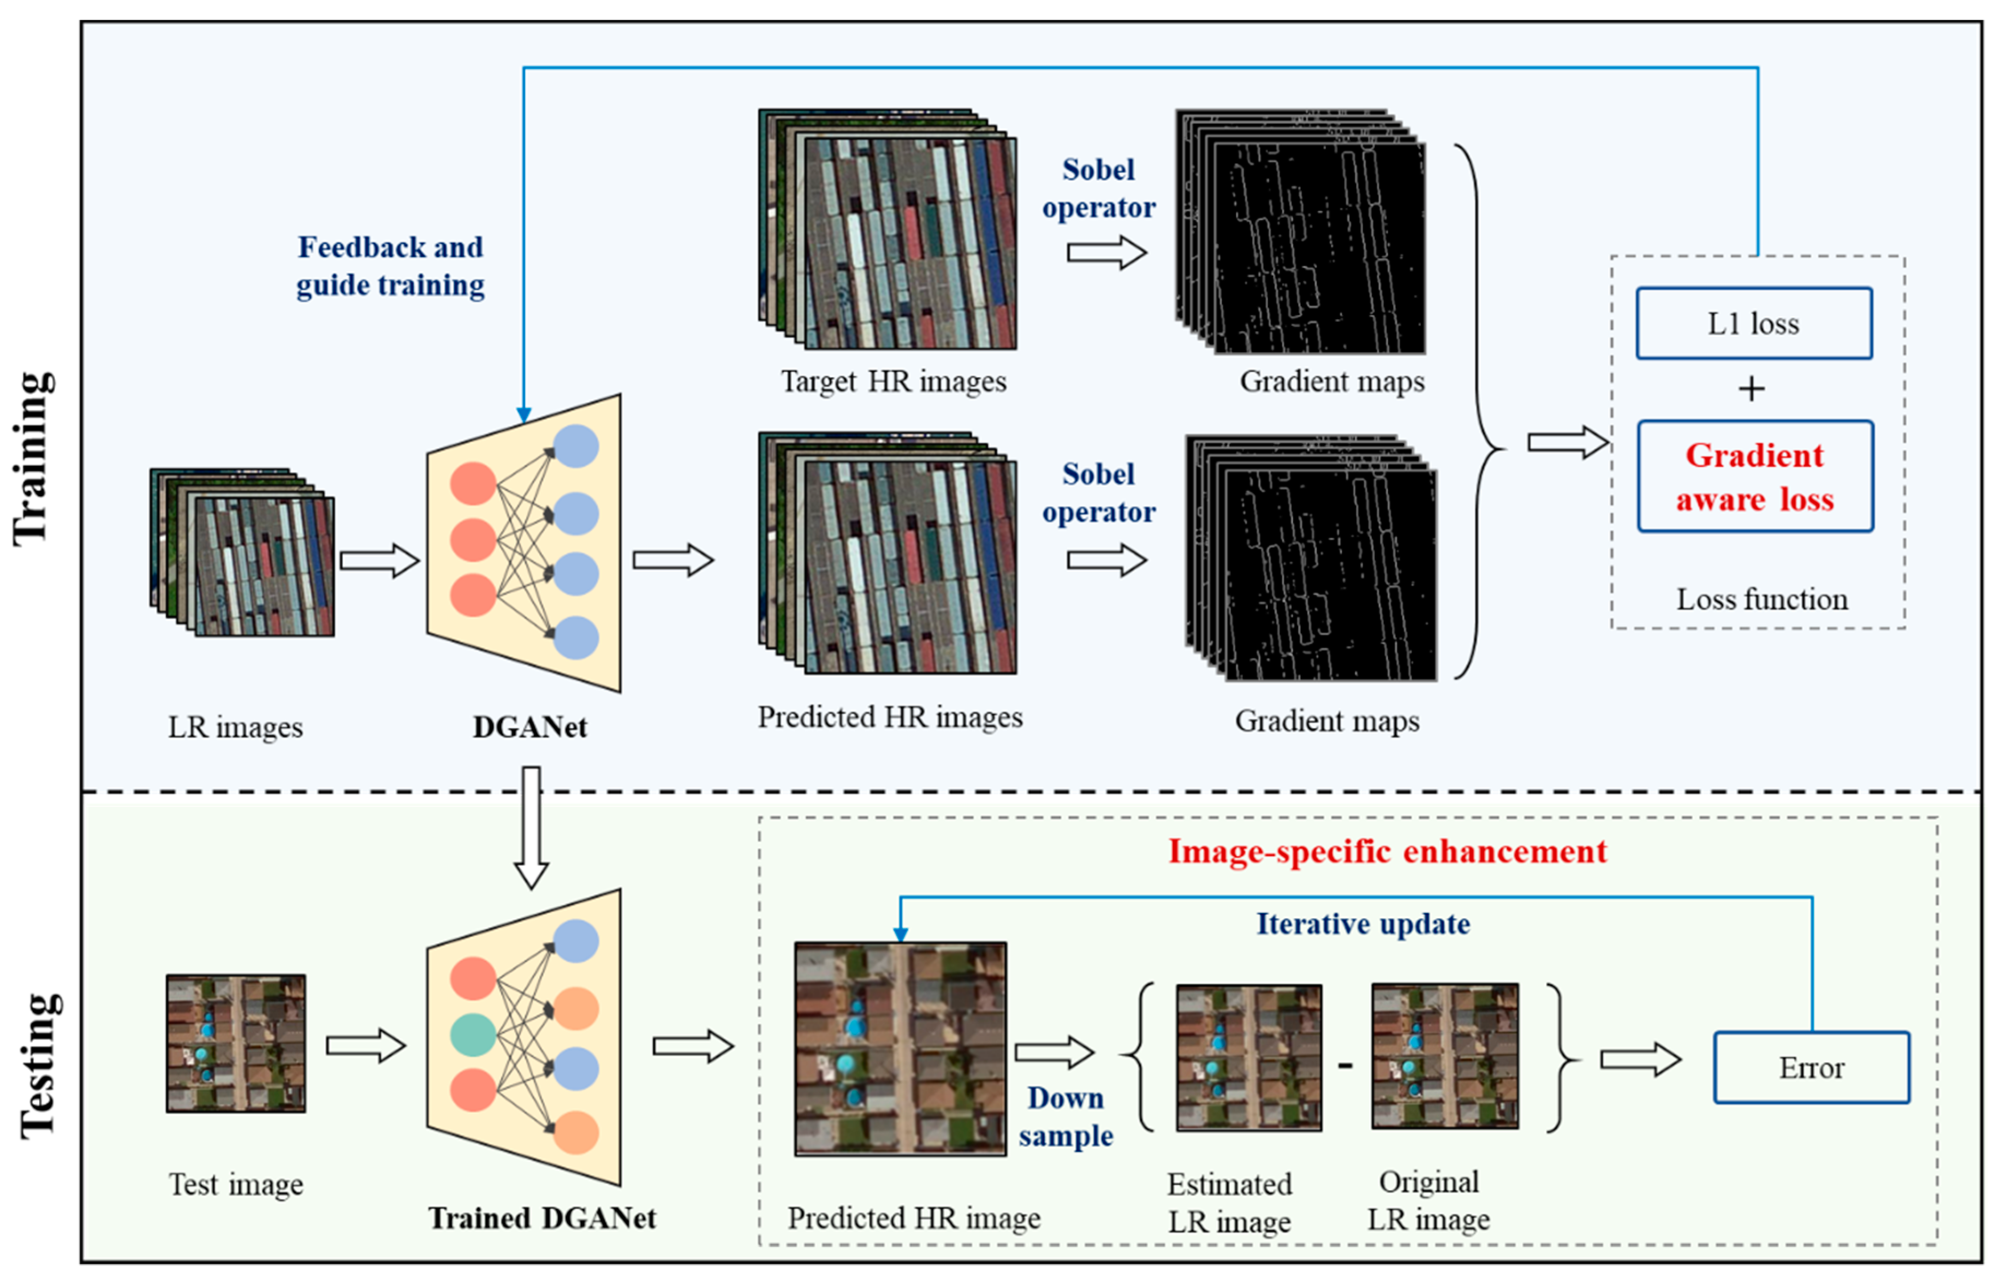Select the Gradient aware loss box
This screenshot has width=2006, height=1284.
[1755, 476]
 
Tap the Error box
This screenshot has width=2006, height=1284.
[1811, 1068]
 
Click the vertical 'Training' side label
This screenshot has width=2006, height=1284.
[33, 459]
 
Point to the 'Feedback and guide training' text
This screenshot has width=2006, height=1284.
[390, 266]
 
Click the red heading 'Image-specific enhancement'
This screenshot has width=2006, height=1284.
[1387, 851]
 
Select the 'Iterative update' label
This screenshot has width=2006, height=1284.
[1362, 924]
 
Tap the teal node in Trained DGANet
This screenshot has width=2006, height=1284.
[473, 1035]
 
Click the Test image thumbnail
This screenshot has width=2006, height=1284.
[236, 1043]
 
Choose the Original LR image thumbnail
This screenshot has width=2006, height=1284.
[1444, 1056]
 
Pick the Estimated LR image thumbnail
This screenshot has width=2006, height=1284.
[1248, 1057]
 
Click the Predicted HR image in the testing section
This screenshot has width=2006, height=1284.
[900, 1048]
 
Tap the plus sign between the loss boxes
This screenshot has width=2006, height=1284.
[1751, 389]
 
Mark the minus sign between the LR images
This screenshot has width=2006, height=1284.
[1345, 1065]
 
